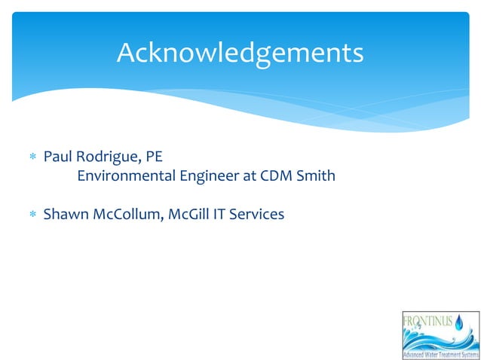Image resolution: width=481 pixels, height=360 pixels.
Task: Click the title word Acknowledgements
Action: (240, 53)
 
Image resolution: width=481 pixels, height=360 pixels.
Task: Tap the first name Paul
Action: (57, 157)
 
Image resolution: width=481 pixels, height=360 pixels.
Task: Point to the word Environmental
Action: (124, 177)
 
